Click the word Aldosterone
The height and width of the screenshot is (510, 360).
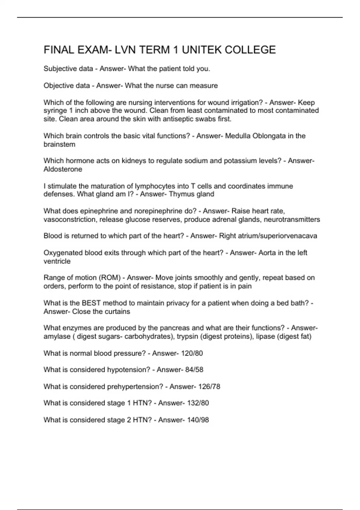click(63, 169)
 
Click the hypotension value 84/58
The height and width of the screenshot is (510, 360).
click(194, 370)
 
